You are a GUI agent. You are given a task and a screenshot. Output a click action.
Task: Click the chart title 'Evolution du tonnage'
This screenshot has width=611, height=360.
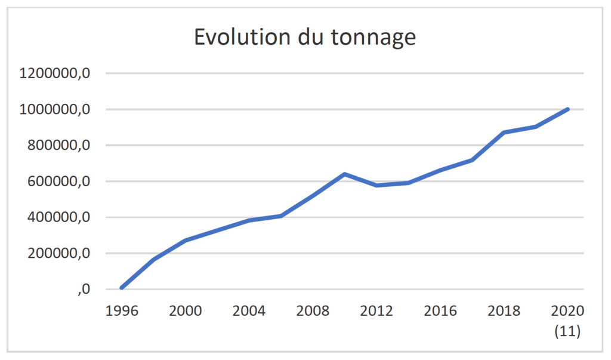point(305,38)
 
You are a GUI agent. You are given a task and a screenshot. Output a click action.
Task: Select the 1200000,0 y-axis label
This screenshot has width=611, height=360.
point(54,73)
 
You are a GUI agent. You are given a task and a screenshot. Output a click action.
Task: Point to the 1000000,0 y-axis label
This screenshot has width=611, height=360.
point(54,109)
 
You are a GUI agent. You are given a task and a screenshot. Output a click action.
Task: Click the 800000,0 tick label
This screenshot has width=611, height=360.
point(59,145)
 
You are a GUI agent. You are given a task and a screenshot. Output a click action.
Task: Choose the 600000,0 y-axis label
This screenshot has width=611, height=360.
point(59,181)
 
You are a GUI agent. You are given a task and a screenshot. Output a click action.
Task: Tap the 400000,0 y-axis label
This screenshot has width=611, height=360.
point(59,217)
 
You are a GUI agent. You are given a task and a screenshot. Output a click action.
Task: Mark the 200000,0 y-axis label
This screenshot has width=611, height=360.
point(59,253)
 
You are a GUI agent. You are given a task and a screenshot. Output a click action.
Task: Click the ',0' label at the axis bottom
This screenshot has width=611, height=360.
point(84,290)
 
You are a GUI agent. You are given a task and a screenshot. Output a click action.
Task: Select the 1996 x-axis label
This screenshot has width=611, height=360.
point(122,311)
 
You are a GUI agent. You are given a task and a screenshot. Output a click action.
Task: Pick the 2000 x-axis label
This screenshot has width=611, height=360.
point(186,311)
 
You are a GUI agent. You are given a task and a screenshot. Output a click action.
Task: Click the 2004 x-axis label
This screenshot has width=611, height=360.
point(249,311)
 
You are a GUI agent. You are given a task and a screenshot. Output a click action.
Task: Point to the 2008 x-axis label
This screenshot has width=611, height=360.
point(313,311)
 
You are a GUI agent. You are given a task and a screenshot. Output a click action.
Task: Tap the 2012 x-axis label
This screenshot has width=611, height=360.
point(377,311)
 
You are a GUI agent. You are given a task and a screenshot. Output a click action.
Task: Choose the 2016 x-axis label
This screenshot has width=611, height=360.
point(440,311)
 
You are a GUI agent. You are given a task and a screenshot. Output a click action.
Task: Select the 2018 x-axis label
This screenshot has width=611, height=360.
point(504,311)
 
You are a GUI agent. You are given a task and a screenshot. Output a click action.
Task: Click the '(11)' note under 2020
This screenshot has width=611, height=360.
point(568,331)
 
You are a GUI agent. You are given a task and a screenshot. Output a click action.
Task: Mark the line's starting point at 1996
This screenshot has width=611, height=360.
point(122,288)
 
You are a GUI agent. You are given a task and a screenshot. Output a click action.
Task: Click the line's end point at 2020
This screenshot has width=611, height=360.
point(567,109)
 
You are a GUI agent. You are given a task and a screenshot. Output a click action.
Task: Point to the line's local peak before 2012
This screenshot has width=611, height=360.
point(345,174)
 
